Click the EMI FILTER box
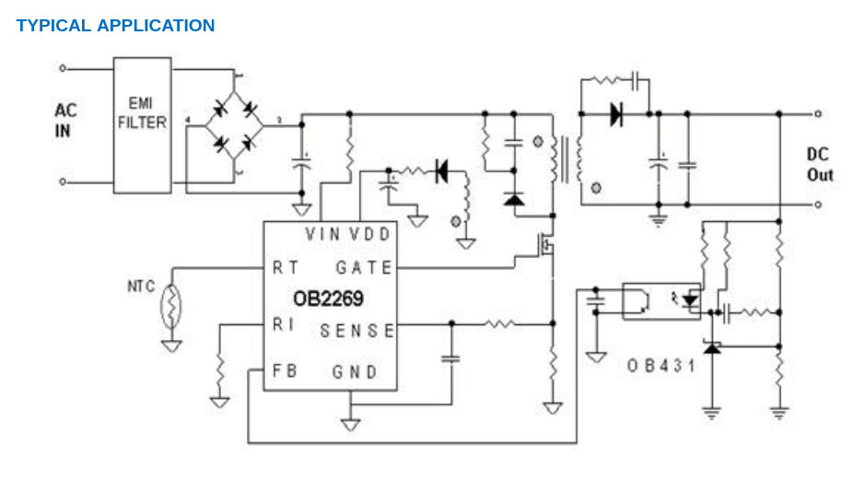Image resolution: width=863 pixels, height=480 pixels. [x=142, y=123]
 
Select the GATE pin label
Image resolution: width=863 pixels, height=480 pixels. [x=364, y=268]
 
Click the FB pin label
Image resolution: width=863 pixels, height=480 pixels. [x=283, y=371]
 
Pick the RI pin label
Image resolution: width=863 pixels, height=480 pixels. [x=282, y=325]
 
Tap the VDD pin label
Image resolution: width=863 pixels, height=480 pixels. [x=372, y=234]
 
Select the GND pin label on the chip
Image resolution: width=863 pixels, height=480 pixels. [x=355, y=372]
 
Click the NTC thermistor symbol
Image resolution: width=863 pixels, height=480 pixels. [x=170, y=307]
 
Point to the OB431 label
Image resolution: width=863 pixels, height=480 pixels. [x=660, y=366]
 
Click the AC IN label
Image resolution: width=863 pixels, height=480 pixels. [x=65, y=121]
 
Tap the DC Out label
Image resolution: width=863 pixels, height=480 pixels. [x=820, y=164]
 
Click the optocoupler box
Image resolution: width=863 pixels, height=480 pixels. [x=661, y=300]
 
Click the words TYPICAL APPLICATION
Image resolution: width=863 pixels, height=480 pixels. [x=115, y=26]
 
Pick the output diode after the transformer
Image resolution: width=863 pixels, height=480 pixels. [x=615, y=114]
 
